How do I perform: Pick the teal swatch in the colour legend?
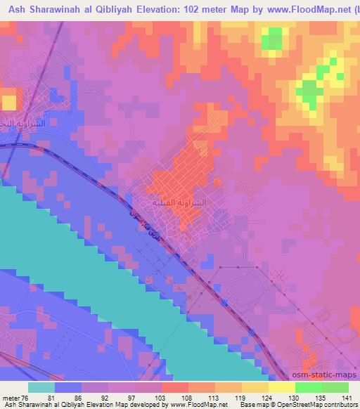click(41, 387)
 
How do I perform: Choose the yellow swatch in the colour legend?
click(281, 387)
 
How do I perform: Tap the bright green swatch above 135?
click(308, 387)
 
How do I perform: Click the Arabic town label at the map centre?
click(180, 203)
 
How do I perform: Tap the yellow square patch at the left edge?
click(8, 102)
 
